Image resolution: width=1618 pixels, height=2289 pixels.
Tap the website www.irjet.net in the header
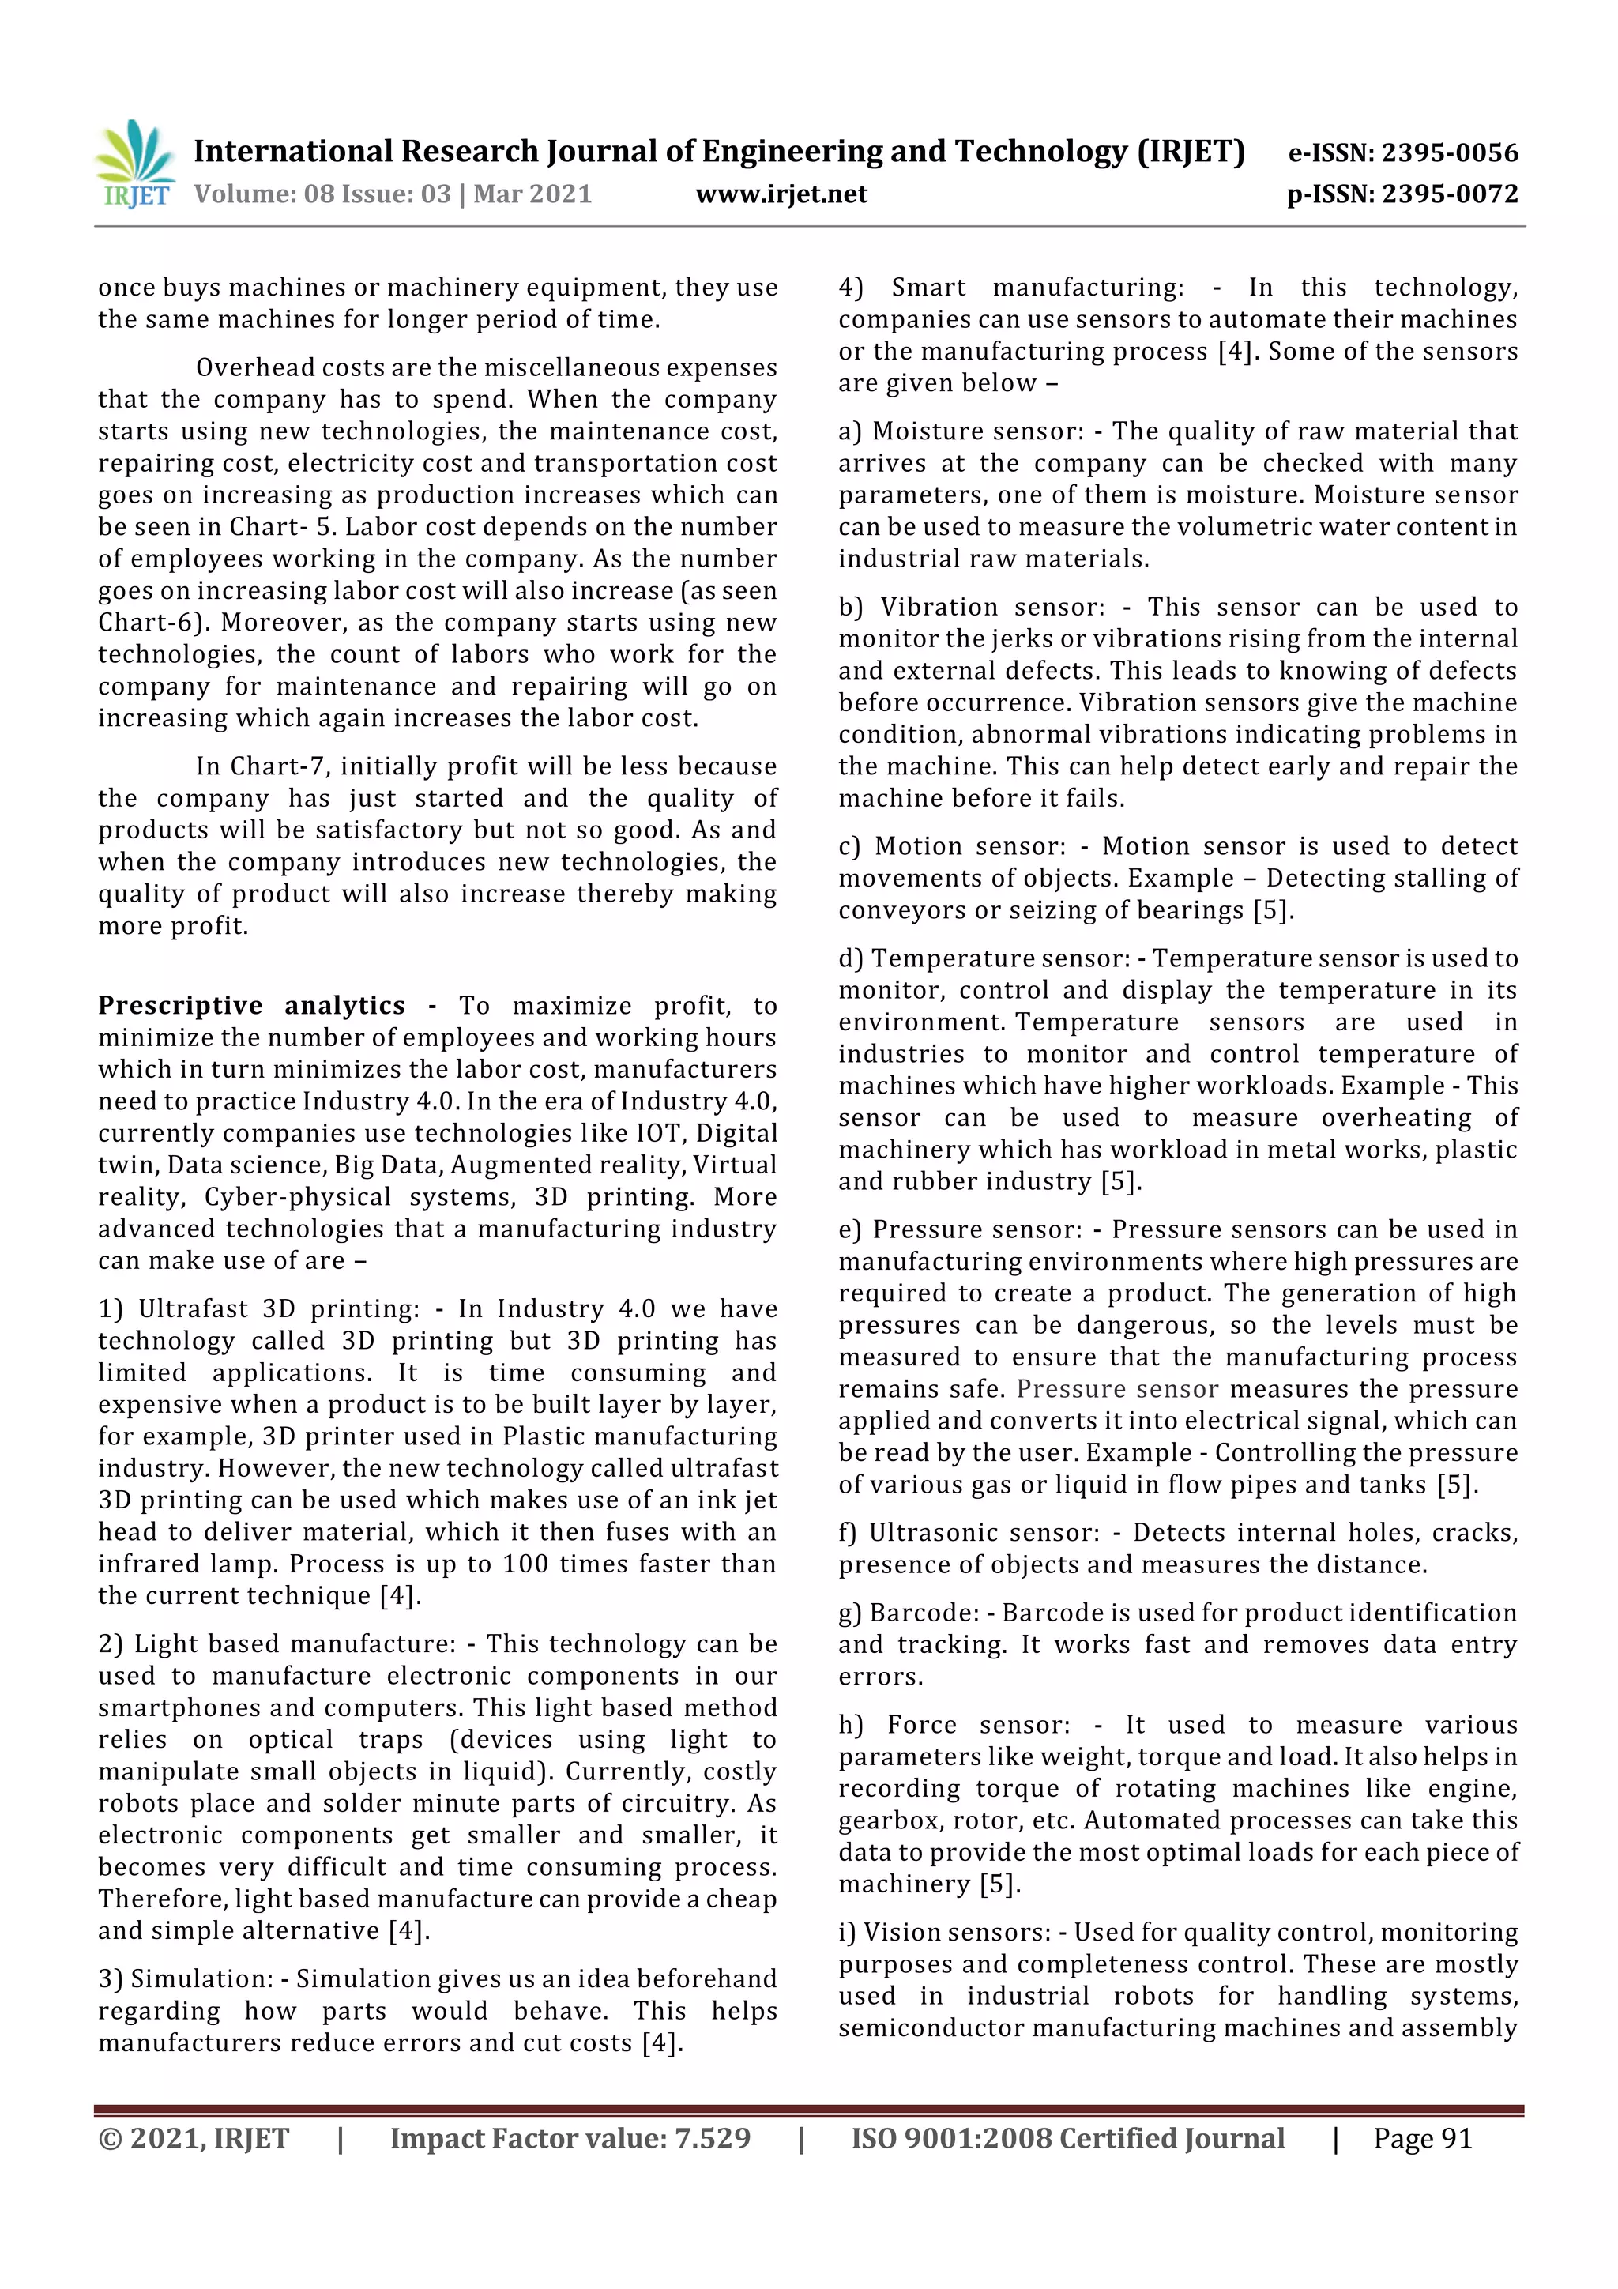(x=781, y=194)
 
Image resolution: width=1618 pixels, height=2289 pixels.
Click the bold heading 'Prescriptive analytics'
(x=251, y=1005)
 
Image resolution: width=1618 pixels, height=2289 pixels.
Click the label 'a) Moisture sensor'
(x=960, y=431)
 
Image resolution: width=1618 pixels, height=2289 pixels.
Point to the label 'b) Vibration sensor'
(x=971, y=606)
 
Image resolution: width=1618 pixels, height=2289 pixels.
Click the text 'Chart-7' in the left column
(x=267, y=766)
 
